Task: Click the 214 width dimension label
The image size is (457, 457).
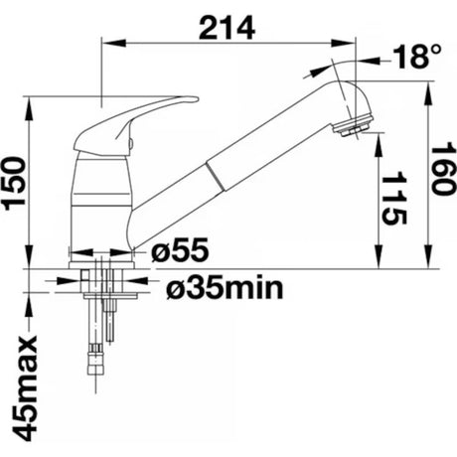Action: tap(227, 28)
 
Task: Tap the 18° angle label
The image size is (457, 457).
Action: tap(417, 57)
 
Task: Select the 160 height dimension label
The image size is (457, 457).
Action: tap(441, 169)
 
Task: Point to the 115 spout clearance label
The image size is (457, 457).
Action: tap(393, 198)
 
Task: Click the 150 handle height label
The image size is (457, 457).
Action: tap(15, 184)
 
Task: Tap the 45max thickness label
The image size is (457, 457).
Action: tap(25, 388)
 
